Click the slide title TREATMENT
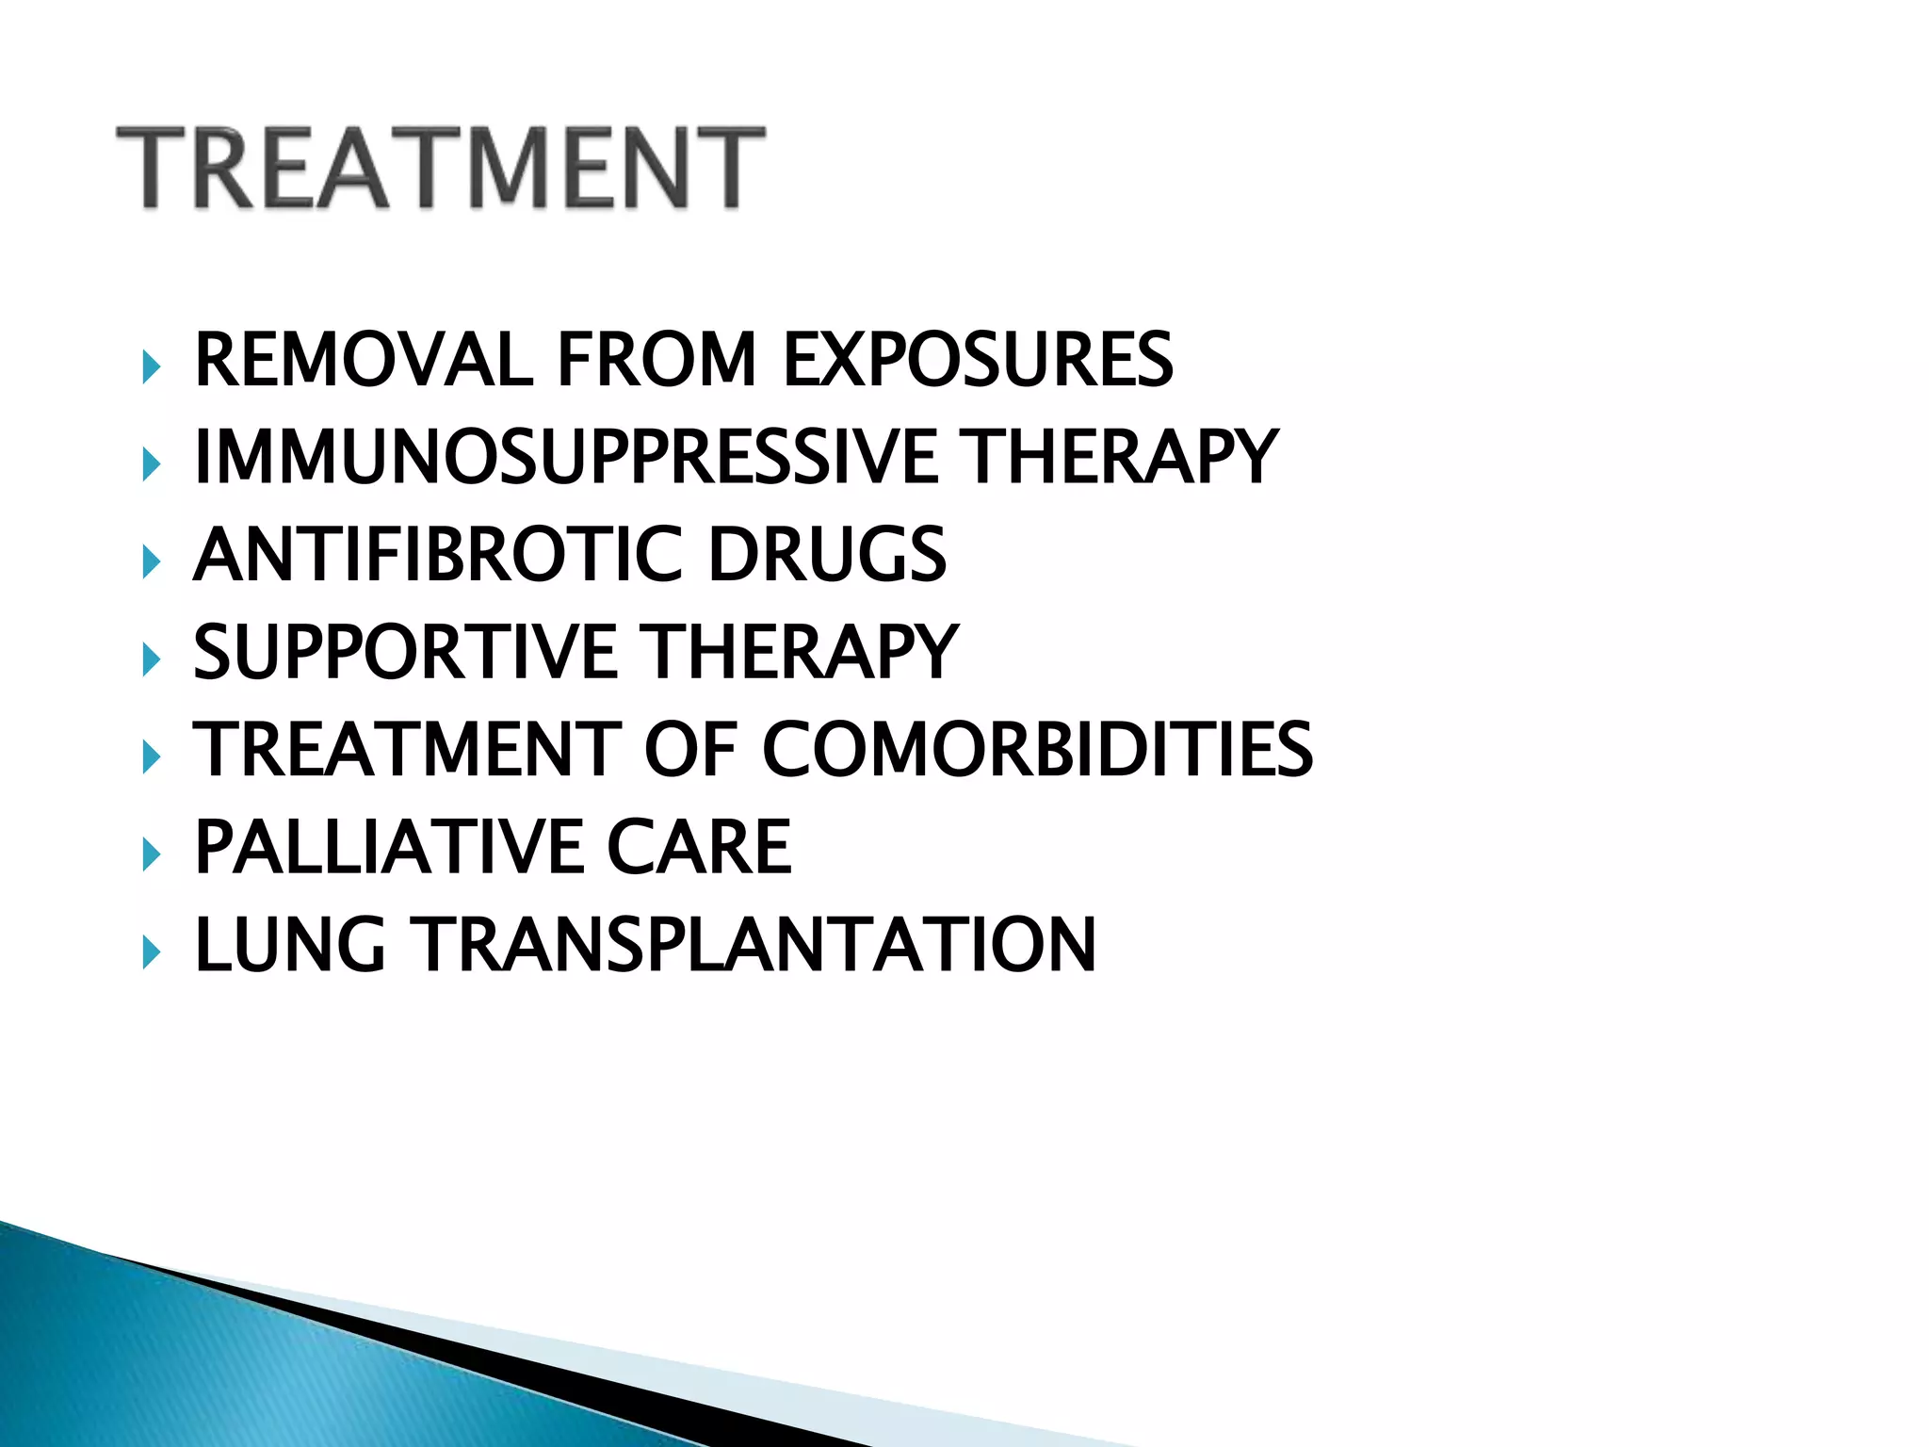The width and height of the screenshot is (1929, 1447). [440, 168]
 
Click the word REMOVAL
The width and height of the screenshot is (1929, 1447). [364, 360]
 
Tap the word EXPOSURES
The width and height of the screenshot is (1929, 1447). [978, 360]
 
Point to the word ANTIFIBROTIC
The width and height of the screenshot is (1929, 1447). [437, 555]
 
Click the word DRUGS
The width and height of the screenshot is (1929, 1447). [827, 555]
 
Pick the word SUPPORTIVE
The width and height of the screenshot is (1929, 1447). [405, 652]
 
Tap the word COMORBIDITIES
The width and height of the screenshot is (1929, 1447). [1037, 750]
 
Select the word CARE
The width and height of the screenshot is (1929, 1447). [698, 847]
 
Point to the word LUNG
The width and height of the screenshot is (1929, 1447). [290, 945]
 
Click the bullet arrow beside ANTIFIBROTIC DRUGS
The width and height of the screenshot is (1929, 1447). [151, 561]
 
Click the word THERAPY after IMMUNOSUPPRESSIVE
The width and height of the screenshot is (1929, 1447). [1122, 457]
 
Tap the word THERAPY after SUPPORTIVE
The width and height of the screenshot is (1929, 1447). [800, 652]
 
